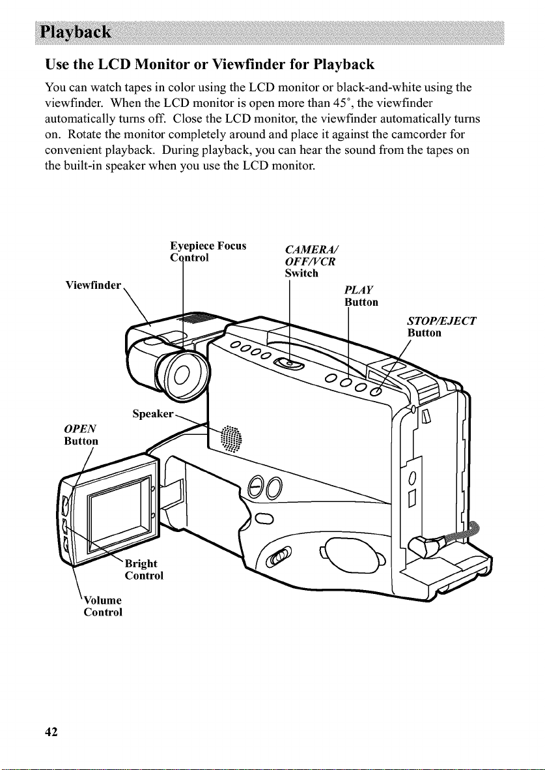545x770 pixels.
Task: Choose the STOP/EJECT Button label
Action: tap(441, 327)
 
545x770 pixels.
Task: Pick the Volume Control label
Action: tap(102, 606)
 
